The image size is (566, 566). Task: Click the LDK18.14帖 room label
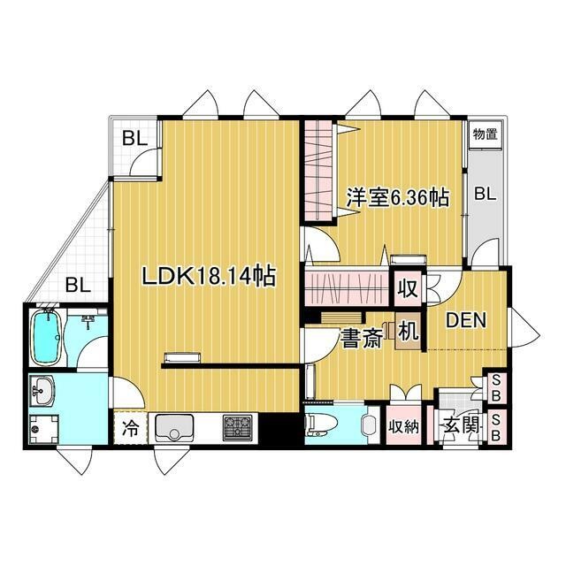click(210, 277)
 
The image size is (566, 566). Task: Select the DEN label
click(465, 321)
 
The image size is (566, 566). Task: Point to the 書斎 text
click(363, 339)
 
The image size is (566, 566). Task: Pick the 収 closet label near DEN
click(408, 288)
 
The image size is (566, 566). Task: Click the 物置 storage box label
click(484, 134)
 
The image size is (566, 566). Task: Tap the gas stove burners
click(237, 428)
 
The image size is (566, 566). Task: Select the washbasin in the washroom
click(42, 387)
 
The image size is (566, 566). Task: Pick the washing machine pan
click(43, 428)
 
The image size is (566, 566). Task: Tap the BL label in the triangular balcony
click(78, 285)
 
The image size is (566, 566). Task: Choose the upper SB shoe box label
click(496, 386)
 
